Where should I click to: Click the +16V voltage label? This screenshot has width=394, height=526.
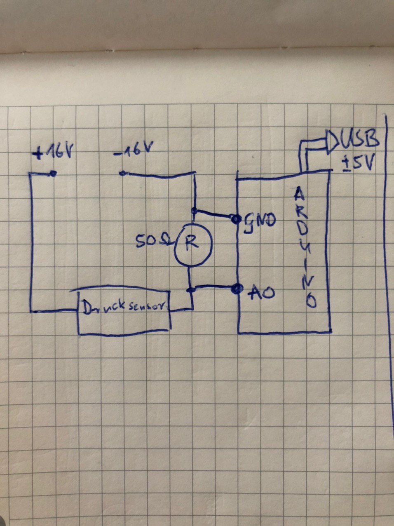[x=54, y=153]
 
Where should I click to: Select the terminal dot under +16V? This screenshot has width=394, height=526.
[x=53, y=174]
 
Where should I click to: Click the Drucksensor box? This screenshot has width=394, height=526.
[x=124, y=312]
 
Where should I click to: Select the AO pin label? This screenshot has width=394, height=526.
[x=261, y=292]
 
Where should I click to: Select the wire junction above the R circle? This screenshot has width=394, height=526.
[x=195, y=211]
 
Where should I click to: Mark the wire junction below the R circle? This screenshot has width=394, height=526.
[x=191, y=290]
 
